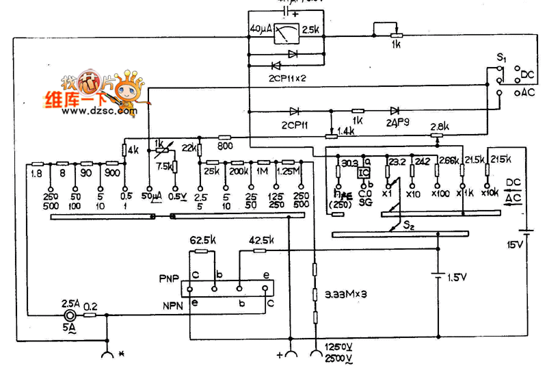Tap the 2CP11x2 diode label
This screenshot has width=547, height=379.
283,79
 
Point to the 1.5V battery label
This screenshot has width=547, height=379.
457,277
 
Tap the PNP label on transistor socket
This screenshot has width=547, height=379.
168,279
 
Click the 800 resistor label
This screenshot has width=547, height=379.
224,146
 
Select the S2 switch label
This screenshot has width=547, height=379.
410,224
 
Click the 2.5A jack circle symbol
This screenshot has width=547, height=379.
70,317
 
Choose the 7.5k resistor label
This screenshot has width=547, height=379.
164,166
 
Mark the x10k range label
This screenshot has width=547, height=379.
489,193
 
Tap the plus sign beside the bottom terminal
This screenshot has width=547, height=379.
279,356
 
